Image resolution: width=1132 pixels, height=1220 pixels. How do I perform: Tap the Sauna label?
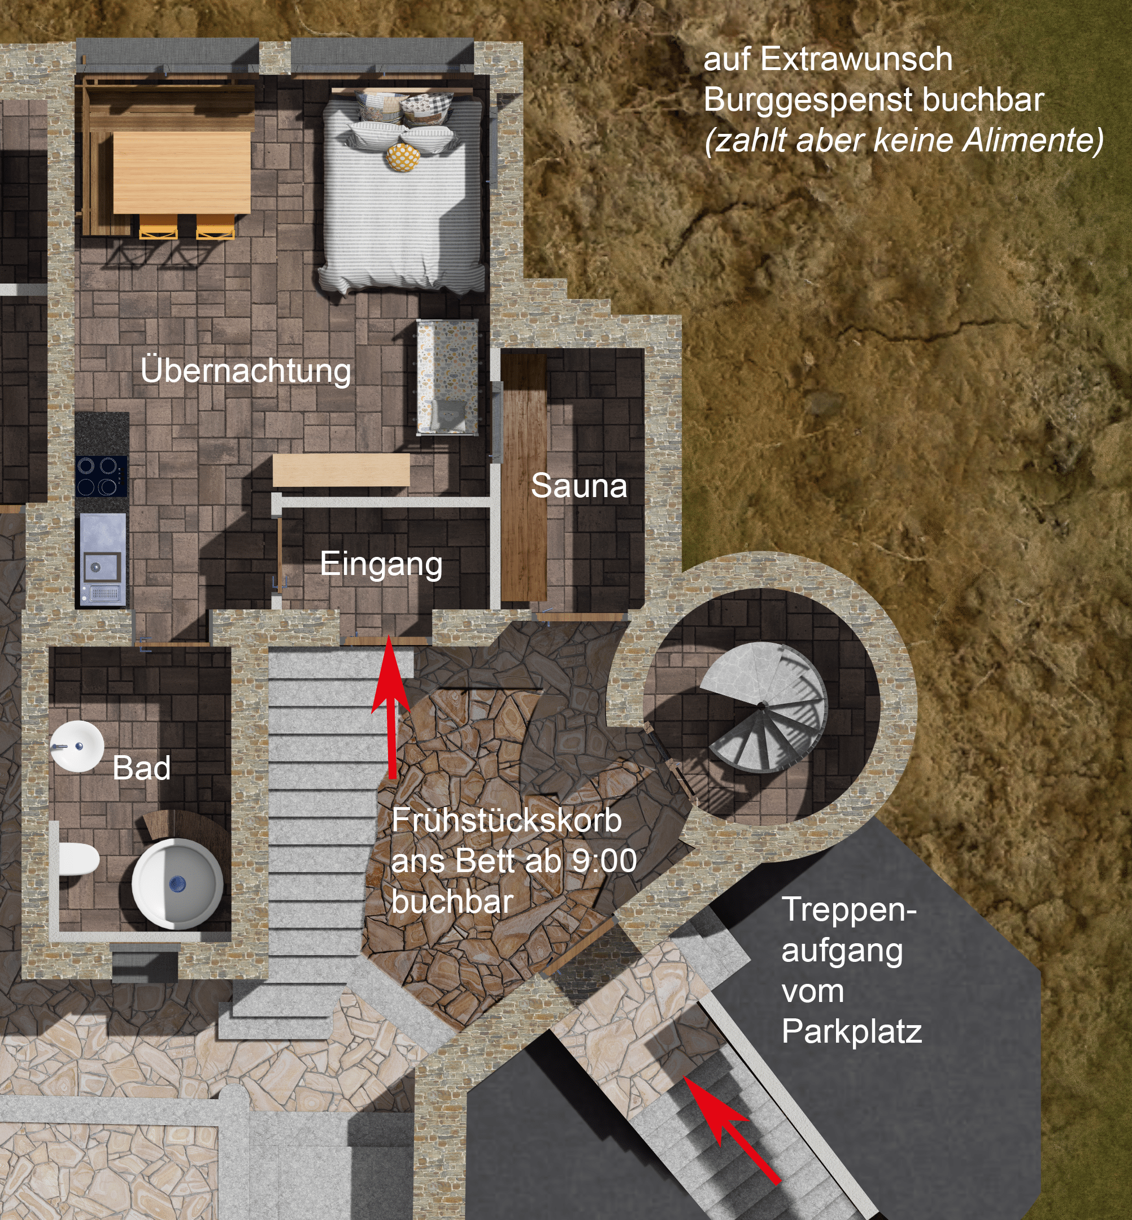click(x=579, y=486)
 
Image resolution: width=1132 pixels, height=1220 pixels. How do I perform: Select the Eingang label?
click(x=381, y=565)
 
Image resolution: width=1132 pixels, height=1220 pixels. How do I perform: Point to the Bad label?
click(x=141, y=768)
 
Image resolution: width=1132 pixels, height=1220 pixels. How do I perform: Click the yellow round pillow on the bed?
click(x=403, y=158)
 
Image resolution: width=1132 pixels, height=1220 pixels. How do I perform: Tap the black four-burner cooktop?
click(x=102, y=476)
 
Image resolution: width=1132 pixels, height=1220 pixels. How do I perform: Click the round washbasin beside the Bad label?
click(x=77, y=746)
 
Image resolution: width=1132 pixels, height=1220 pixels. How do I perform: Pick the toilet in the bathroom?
click(x=79, y=859)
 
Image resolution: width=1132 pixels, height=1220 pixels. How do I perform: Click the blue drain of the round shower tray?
click(x=177, y=883)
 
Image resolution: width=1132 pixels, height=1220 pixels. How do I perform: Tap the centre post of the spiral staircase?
click(x=761, y=706)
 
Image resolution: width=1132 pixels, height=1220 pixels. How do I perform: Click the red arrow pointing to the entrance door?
click(x=390, y=707)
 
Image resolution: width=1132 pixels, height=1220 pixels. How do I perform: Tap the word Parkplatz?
click(x=851, y=1031)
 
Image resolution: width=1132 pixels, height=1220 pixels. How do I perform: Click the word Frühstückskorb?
click(x=507, y=820)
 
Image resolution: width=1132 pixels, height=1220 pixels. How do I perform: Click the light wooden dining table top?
click(x=182, y=173)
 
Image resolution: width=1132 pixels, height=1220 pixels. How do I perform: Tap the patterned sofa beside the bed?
click(x=447, y=377)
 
